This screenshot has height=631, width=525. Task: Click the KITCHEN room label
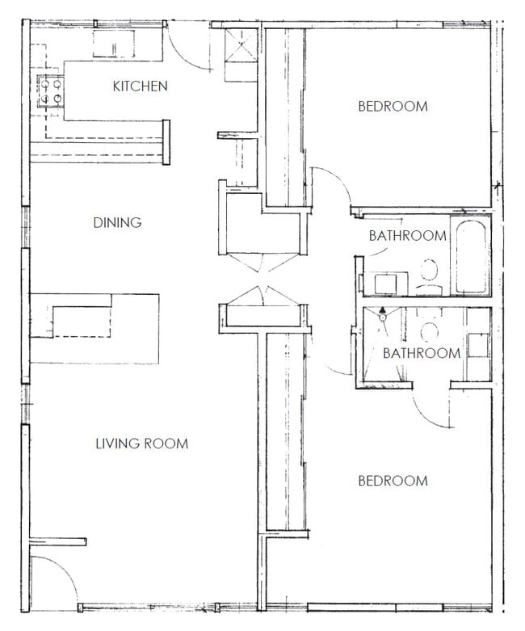[140, 86]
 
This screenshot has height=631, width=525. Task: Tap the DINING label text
[117, 222]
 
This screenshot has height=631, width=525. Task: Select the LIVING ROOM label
[141, 443]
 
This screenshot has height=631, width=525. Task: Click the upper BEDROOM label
[393, 106]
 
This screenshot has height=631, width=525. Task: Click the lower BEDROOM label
[393, 481]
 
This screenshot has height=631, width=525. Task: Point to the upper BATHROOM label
[407, 236]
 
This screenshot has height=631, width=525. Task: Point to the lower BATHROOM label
[421, 353]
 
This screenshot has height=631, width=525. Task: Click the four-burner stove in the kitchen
[50, 91]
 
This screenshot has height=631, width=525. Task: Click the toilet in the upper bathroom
[429, 276]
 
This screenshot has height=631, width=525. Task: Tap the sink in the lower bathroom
[477, 344]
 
